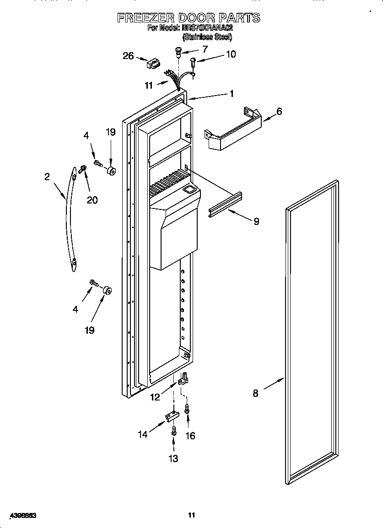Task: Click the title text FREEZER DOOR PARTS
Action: (x=189, y=18)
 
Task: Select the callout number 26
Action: (x=129, y=56)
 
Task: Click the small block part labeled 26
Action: (x=152, y=64)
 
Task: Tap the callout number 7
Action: (x=205, y=49)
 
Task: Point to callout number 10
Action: (x=231, y=54)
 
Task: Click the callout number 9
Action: (x=256, y=221)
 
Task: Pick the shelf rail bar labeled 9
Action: (x=225, y=203)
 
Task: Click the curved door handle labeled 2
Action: (x=68, y=219)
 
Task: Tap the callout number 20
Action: (x=92, y=200)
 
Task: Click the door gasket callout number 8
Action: (x=255, y=393)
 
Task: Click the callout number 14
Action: (x=143, y=435)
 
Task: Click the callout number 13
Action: (x=173, y=459)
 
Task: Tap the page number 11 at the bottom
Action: (x=192, y=515)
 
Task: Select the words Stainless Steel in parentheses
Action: (x=207, y=37)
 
